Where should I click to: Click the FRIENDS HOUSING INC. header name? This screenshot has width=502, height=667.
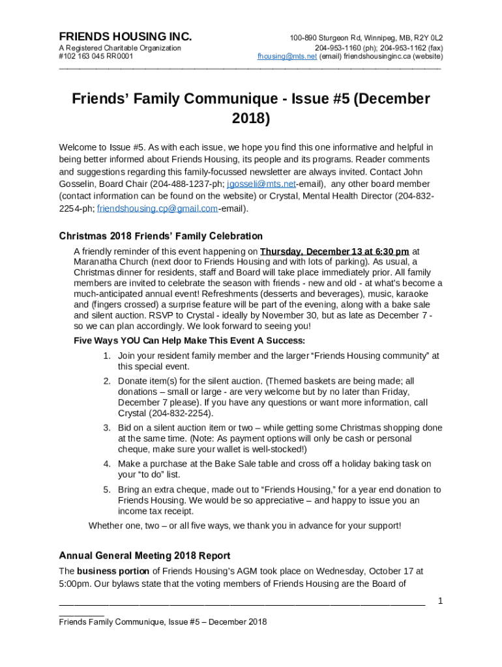point(125,37)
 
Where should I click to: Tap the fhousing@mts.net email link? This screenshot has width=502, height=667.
point(287,57)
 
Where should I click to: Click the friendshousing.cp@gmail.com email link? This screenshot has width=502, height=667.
point(157,209)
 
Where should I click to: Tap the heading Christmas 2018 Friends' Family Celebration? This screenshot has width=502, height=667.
point(160,236)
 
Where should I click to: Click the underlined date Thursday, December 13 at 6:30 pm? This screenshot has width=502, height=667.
point(334,251)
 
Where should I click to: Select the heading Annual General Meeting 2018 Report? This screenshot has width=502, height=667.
point(144,556)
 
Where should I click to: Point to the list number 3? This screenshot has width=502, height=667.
point(106,428)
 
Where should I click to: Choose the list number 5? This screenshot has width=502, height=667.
point(106,490)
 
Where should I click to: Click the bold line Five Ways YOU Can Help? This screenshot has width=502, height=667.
point(189,341)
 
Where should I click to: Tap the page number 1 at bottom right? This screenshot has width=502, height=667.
point(440,601)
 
